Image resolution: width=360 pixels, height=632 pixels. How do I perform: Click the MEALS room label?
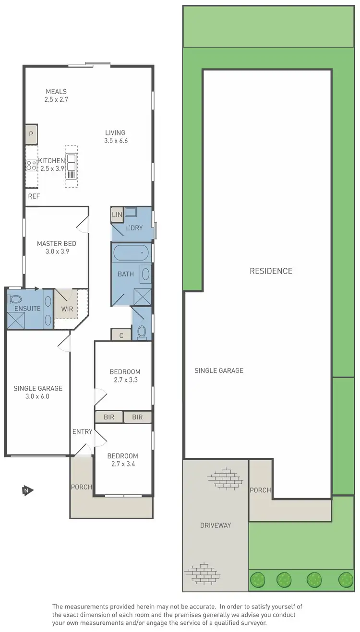[x=56, y=92]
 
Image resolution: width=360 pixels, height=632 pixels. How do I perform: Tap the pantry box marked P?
[x=31, y=134]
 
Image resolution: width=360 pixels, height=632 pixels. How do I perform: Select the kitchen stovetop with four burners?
[x=32, y=166]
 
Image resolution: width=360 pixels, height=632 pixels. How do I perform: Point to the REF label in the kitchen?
[x=34, y=196]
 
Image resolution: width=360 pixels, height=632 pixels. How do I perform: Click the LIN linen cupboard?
[x=117, y=215]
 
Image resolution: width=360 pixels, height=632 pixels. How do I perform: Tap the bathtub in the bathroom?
[x=132, y=252]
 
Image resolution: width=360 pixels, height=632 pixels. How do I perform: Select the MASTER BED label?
[x=57, y=244]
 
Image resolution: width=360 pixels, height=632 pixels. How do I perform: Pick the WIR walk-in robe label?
[x=67, y=309]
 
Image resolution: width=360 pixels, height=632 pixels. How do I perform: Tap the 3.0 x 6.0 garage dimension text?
[x=38, y=396]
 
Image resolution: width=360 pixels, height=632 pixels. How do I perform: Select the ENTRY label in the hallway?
[x=82, y=432]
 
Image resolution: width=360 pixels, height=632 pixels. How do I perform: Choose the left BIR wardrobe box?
[x=109, y=417]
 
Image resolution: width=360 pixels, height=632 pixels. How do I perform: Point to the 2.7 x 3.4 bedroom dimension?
[x=122, y=464]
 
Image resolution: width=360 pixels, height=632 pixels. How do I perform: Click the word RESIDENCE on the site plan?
[x=271, y=271]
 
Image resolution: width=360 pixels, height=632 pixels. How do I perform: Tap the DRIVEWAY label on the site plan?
[x=216, y=525]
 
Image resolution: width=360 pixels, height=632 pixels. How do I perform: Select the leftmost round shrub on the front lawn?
[x=258, y=580]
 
